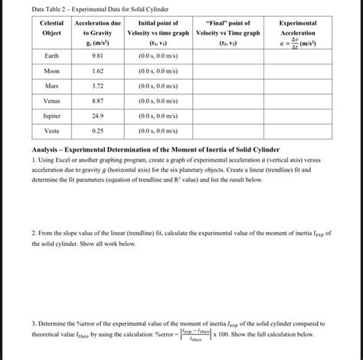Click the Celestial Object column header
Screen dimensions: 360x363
coord(51,29)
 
